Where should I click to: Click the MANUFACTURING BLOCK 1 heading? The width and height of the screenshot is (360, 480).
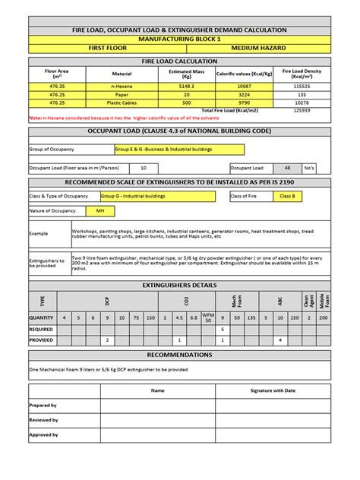180,37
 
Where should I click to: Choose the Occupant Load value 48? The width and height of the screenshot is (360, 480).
286,167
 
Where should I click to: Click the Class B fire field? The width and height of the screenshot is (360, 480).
288,197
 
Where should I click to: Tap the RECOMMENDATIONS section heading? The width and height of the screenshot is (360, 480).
180,355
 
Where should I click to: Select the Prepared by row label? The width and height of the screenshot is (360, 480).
43,406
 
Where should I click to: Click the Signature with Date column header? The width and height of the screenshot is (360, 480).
273,390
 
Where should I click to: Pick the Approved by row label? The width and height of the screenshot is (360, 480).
43,434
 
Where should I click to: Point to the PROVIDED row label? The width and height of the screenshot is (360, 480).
41,340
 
